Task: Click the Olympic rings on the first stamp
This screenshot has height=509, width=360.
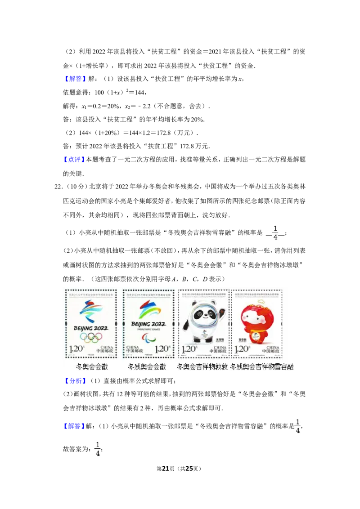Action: pyautogui.click(x=91, y=337)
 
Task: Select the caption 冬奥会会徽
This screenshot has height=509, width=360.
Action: pyautogui.click(x=92, y=367)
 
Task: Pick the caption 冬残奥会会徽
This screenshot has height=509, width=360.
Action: pyautogui.click(x=147, y=367)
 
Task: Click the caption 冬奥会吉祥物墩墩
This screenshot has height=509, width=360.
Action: pyautogui.click(x=202, y=367)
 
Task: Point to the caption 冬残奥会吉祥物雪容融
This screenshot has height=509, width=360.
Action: pyautogui.click(x=261, y=367)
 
